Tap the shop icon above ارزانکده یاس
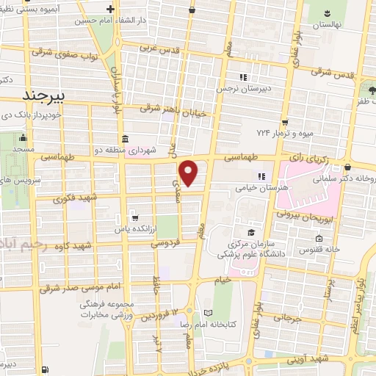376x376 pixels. [134, 217]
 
